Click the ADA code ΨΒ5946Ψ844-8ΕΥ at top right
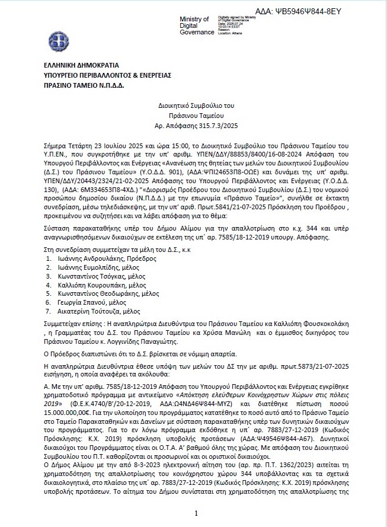click(x=298, y=11)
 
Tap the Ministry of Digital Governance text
click(x=196, y=25)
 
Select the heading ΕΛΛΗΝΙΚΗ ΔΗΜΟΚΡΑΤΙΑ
click(x=81, y=65)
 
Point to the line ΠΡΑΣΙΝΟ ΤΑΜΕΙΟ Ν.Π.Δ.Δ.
click(x=84, y=85)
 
